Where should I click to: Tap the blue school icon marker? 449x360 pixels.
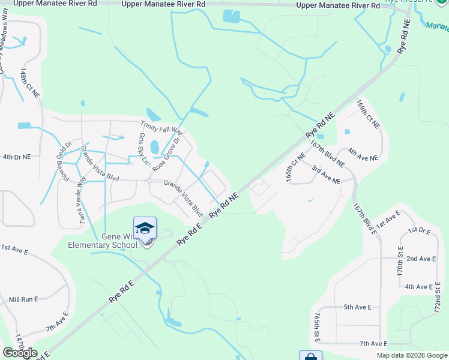145,229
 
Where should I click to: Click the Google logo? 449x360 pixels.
20,353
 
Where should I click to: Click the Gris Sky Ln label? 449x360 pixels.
142,149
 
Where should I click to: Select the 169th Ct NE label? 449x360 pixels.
368,114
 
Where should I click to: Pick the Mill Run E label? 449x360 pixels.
23,299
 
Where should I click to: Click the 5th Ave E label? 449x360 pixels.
357,307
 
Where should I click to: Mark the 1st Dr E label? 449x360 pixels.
419,230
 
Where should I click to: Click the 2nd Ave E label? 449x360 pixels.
421,259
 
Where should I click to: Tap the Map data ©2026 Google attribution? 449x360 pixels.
411,355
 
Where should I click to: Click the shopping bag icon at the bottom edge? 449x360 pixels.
310,356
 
